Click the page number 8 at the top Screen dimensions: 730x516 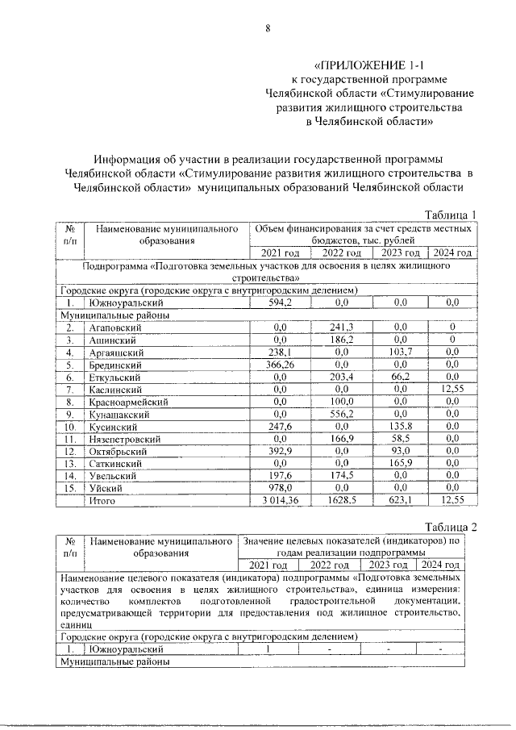click(x=267, y=30)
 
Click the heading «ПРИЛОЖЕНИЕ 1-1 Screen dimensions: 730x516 click(x=368, y=64)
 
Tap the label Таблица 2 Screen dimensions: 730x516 click(x=451, y=527)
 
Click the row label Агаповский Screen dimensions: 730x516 click(x=116, y=327)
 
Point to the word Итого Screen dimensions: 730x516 click(x=103, y=501)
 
